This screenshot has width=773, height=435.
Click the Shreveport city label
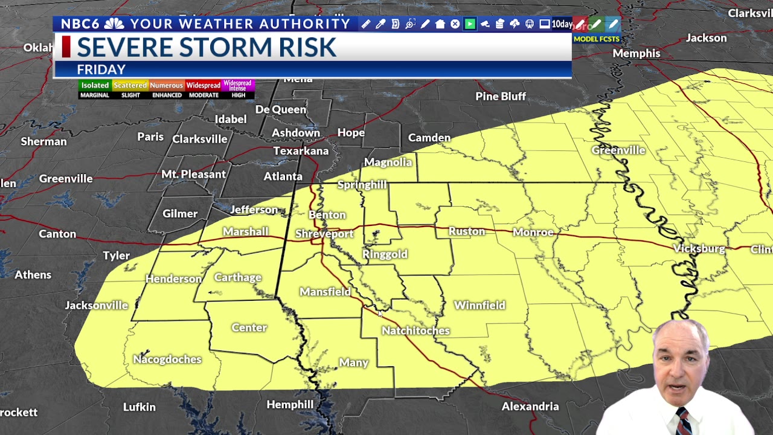(324, 234)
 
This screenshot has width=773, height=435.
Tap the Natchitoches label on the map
(415, 330)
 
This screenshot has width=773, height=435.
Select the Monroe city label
(533, 232)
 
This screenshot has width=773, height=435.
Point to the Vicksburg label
(699, 248)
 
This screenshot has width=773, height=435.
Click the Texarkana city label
(301, 151)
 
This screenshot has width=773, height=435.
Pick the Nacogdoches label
(167, 359)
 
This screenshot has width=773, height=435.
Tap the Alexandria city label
(530, 407)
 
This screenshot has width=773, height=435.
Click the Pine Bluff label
(500, 96)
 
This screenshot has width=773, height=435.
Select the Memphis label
(636, 53)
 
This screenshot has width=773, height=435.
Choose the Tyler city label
(116, 256)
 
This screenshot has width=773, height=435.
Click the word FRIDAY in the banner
(101, 69)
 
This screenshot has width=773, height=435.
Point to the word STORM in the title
(254, 47)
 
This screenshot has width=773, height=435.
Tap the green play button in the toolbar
(470, 24)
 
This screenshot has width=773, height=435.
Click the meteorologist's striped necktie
(683, 422)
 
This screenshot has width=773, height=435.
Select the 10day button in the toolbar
(562, 24)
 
